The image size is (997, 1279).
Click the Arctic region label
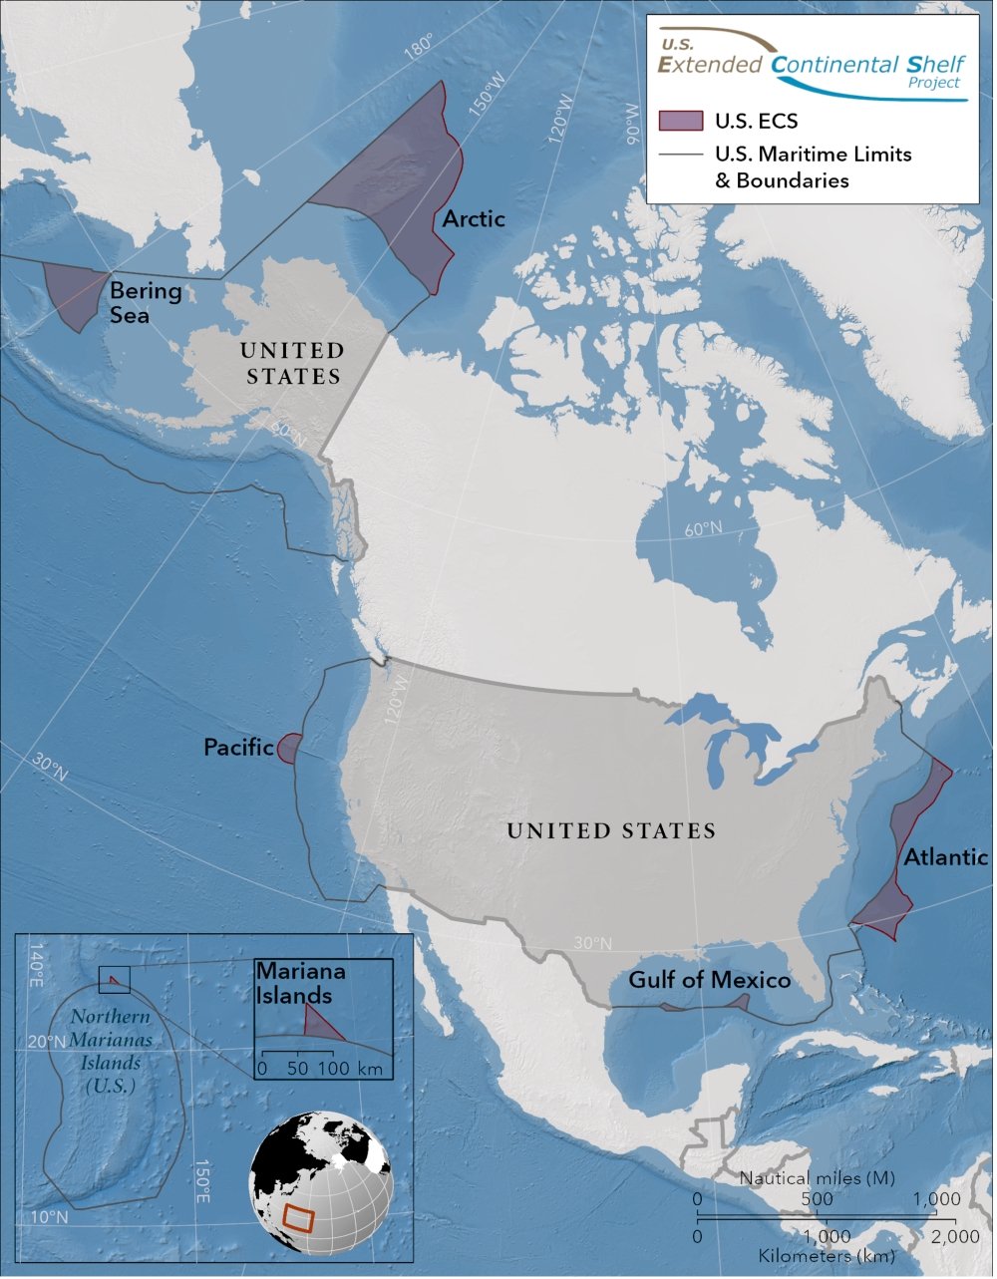(x=474, y=218)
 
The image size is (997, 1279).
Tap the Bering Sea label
(x=146, y=302)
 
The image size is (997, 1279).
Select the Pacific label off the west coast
(x=238, y=747)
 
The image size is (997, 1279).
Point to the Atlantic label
(x=946, y=856)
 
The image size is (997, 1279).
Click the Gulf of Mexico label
(x=709, y=980)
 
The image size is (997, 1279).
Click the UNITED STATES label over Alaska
(x=291, y=363)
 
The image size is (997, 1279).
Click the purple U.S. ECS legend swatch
(x=681, y=122)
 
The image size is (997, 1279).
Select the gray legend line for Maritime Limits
(x=681, y=156)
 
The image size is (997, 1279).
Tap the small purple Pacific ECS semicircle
(x=290, y=748)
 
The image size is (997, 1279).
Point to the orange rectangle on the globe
(x=299, y=1217)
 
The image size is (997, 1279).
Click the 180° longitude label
(x=420, y=46)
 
